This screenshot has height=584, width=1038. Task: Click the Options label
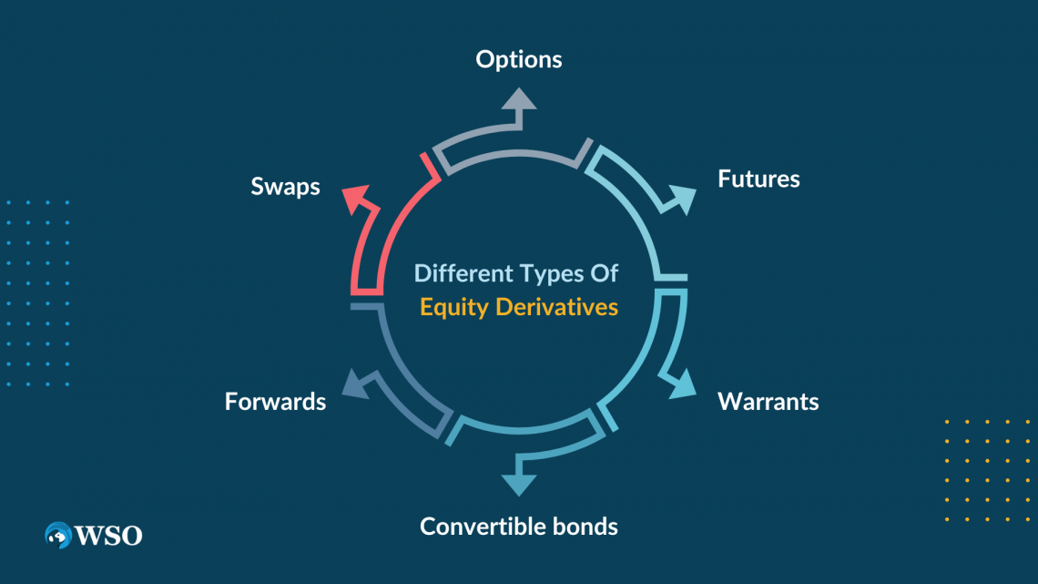point(519,60)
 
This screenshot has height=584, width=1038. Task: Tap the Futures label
point(758,179)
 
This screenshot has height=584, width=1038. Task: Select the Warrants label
point(768,402)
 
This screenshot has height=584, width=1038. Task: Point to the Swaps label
point(285,187)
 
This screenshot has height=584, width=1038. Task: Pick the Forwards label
point(275,402)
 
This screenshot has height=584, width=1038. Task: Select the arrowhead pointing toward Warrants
point(680,384)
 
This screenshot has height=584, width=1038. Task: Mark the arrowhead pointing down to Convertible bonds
point(519,483)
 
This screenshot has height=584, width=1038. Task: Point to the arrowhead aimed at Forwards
point(353,384)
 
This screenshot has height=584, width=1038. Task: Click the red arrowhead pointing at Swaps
point(356,197)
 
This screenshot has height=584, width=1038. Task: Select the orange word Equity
point(454,307)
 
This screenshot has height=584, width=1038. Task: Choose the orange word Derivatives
point(557,307)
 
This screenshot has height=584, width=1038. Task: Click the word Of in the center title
point(605,273)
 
